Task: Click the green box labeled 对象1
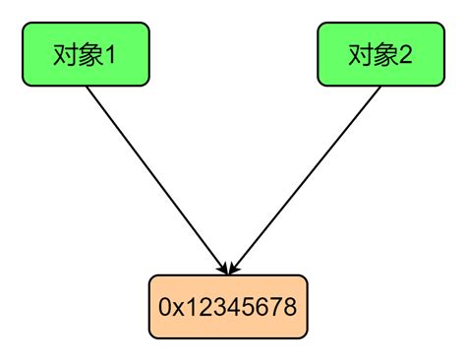pyautogui.click(x=86, y=54)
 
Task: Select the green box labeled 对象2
pyautogui.click(x=380, y=54)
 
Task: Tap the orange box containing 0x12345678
pyautogui.click(x=226, y=306)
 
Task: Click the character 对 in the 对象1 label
pyautogui.click(x=65, y=54)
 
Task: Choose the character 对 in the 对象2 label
pyautogui.click(x=360, y=54)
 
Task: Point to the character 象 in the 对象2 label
pyautogui.click(x=383, y=54)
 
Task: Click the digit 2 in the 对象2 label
pyautogui.click(x=404, y=54)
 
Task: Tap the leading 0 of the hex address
pyautogui.click(x=164, y=307)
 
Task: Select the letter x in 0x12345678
pyautogui.click(x=177, y=307)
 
